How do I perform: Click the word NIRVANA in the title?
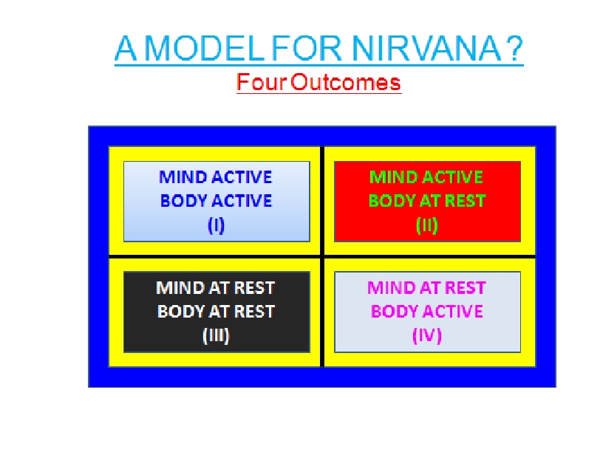coord(426,49)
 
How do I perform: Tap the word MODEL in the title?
coord(205,49)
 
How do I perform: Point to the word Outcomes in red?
coord(345,82)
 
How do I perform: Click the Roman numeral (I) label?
coord(216,225)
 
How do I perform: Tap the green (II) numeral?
coord(427,225)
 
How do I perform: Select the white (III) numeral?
coord(216,335)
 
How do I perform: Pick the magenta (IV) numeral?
coord(427,335)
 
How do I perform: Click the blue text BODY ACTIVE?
coord(216,201)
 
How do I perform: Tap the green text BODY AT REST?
coord(427,201)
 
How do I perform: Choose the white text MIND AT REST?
coord(215,288)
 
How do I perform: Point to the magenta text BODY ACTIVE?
coord(427,312)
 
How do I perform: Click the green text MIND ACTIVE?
coord(426,177)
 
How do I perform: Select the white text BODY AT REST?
coord(216,312)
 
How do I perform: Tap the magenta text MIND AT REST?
coord(426,288)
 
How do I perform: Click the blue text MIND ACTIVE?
coord(215,177)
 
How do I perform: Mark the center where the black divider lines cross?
coord(322,256)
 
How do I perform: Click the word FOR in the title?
coord(307,49)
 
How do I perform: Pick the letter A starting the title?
coord(126,49)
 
